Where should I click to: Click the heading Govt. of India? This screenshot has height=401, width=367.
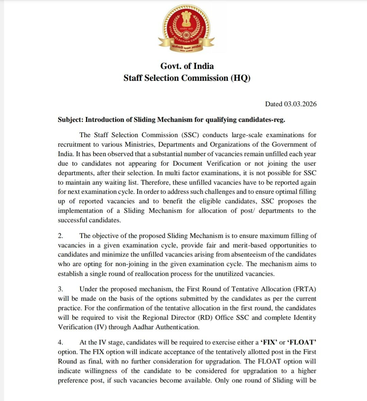(x=187, y=66)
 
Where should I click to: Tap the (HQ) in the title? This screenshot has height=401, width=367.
(x=241, y=78)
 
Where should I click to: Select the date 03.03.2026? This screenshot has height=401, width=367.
(x=300, y=104)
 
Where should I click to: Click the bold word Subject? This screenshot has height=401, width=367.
(x=70, y=120)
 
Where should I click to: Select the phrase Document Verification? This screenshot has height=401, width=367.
(x=207, y=164)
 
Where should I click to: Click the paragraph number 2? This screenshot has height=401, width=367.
(x=60, y=236)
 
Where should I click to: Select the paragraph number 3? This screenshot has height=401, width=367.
(x=60, y=289)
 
